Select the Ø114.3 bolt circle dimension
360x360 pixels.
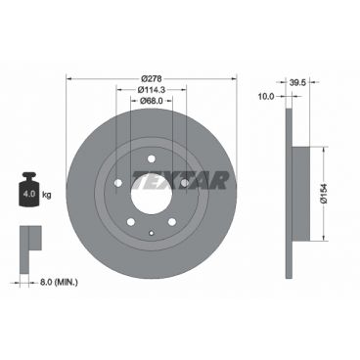151,91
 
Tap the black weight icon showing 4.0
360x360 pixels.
28,189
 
